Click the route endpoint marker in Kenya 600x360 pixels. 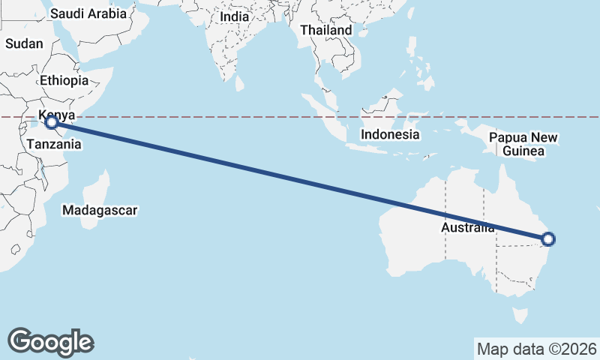[51, 121]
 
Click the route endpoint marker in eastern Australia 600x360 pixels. [548, 239]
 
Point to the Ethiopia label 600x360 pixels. [64, 80]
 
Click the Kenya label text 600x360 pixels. [57, 115]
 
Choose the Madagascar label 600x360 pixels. [100, 211]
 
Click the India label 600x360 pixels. [235, 16]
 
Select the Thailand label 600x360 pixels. [325, 30]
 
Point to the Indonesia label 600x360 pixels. [389, 135]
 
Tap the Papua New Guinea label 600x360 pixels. [523, 144]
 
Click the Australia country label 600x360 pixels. [467, 227]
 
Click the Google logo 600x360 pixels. [51, 342]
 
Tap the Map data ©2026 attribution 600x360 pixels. [537, 349]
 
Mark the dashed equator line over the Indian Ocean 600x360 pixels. [225, 117]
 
